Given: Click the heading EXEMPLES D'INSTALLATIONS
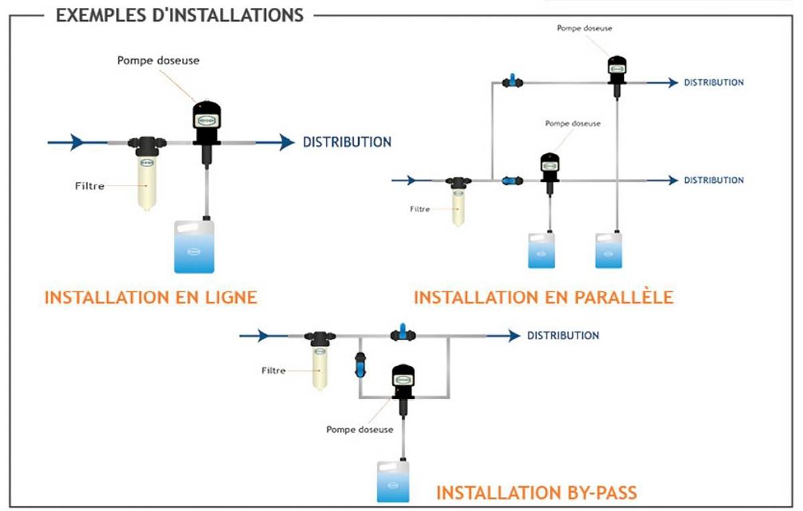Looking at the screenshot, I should (179, 15).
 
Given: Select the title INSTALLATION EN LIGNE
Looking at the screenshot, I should (151, 297).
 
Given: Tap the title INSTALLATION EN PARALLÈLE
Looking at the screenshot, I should (543, 297).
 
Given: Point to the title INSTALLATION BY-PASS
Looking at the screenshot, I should (537, 493).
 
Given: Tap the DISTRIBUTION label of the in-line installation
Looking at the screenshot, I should (347, 142).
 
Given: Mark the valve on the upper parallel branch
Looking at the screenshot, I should (513, 82).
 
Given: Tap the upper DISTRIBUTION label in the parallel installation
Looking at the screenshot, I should (713, 82).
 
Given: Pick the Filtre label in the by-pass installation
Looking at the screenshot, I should (273, 370).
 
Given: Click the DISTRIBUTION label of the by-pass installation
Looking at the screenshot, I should (563, 336).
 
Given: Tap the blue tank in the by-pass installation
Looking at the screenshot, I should (393, 482).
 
